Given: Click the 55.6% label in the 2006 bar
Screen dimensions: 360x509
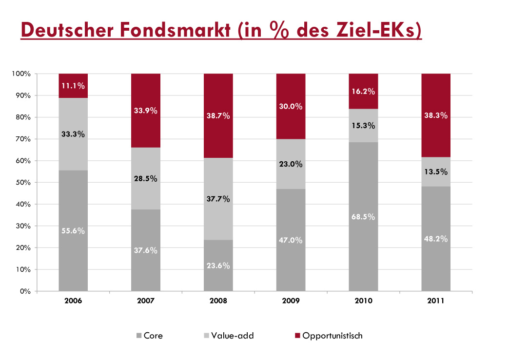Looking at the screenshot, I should click(x=73, y=231).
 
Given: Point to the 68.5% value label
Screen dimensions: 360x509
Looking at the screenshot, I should click(x=363, y=217).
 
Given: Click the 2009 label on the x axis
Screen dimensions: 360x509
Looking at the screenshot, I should click(x=291, y=301).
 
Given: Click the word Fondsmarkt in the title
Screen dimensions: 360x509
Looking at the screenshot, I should click(x=179, y=30).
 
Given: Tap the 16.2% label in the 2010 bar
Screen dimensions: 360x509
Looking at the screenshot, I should click(x=363, y=91).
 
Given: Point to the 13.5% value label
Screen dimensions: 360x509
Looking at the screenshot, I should click(x=436, y=171).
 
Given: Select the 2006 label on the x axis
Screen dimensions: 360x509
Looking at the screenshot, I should click(x=73, y=301).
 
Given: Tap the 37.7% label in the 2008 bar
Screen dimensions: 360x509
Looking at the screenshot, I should click(x=218, y=199).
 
